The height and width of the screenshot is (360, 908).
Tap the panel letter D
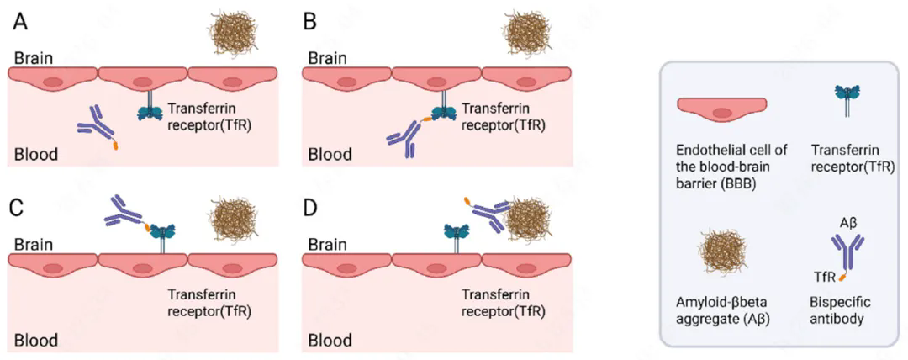coord(311,206)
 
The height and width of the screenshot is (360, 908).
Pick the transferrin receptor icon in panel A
coord(151,104)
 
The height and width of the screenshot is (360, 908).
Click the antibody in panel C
coord(128,215)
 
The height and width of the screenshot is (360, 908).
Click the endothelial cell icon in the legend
coord(723,110)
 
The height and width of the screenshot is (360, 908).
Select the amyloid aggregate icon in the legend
coord(721,251)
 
